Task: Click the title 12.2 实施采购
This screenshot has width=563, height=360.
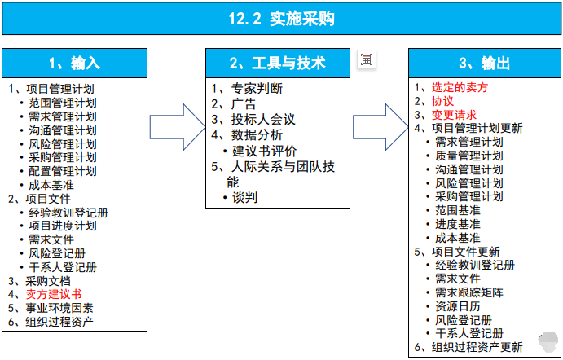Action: point(281,19)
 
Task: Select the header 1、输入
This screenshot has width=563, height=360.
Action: point(74,64)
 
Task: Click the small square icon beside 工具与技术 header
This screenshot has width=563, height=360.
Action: point(367,59)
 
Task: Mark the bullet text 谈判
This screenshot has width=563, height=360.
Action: point(245,197)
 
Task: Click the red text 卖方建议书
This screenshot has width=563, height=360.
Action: point(53,294)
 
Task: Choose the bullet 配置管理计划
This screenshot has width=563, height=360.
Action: point(62,171)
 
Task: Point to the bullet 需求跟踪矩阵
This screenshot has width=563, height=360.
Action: point(468,292)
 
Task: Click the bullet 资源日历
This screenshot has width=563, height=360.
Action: point(457,306)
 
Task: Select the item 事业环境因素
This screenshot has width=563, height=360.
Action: point(58,308)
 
